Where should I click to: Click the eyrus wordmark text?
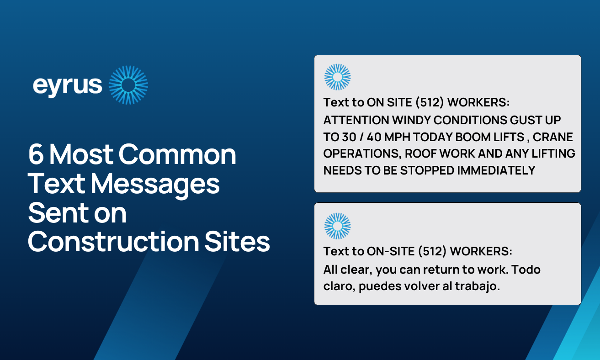68,85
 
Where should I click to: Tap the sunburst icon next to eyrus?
128,85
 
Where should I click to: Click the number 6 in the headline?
35,154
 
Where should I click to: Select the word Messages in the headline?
155,184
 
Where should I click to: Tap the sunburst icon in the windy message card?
337,77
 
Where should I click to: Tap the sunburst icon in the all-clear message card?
337,226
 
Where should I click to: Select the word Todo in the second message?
526,270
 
